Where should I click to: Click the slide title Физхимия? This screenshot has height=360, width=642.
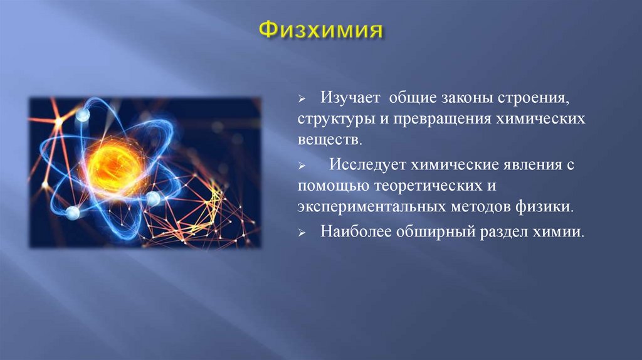320,30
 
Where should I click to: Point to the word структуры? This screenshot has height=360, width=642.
332,119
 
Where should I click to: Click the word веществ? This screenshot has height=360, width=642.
330,139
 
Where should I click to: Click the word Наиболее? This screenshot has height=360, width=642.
355,232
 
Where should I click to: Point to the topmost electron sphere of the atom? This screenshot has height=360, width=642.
83,115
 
